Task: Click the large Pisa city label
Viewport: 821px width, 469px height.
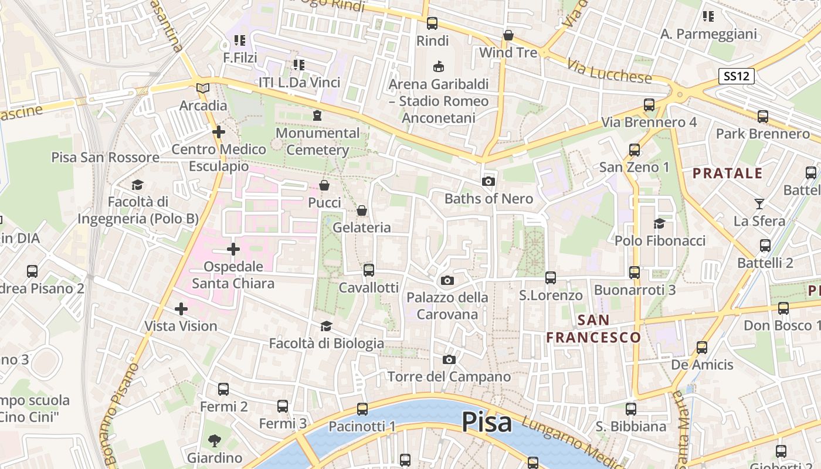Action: [x=486, y=422]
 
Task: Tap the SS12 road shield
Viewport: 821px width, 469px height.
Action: [x=736, y=76]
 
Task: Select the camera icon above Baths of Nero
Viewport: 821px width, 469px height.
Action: [x=488, y=182]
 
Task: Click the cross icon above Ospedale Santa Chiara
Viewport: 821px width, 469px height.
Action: [x=233, y=250]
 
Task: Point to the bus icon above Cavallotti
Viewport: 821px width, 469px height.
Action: [x=368, y=270]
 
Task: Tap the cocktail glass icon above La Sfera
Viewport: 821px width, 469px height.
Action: [x=759, y=204]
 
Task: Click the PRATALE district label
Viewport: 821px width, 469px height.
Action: [x=727, y=174]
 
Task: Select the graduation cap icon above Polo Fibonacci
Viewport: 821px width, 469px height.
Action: [x=659, y=223]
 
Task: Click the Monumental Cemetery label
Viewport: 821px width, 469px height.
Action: [x=317, y=141]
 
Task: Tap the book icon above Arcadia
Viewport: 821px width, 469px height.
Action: [x=203, y=89]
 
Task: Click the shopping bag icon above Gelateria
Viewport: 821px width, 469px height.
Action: [x=362, y=210]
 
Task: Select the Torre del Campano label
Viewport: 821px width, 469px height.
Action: [x=449, y=376]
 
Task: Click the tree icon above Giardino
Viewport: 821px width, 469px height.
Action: [x=215, y=440]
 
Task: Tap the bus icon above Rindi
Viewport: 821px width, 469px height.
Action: [x=432, y=23]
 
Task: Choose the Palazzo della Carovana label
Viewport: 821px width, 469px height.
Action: [x=447, y=305]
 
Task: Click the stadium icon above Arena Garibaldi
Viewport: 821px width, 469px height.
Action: [x=438, y=67]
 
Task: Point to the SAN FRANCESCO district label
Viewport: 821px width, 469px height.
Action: [x=593, y=328]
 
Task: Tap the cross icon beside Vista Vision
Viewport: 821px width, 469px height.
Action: [x=181, y=308]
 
